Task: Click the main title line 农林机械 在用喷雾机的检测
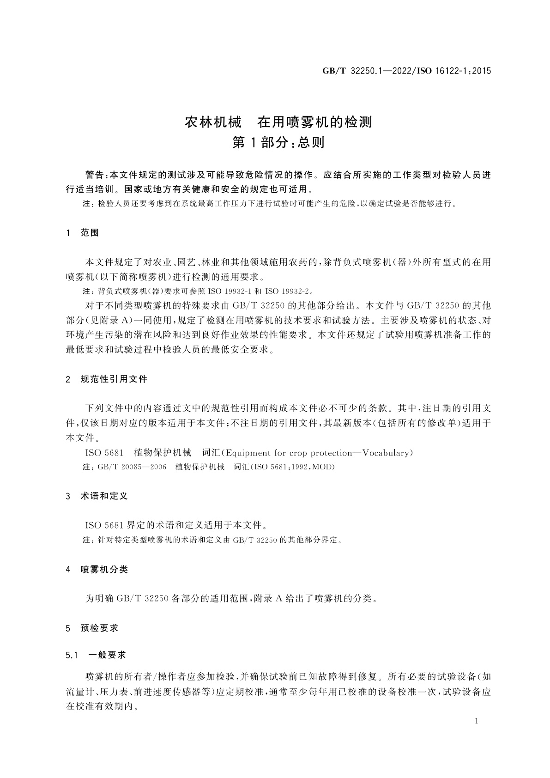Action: pos(278,122)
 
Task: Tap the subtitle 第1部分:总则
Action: pos(278,142)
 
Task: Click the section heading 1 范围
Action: pos(83,233)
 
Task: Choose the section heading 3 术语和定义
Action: pos(97,496)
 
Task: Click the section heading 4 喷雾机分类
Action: pos(97,570)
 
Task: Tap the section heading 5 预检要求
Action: pos(92,628)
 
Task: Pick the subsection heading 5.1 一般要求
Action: pos(96,655)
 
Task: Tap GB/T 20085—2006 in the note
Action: pos(132,467)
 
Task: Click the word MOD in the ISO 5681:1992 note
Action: pos(322,467)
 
